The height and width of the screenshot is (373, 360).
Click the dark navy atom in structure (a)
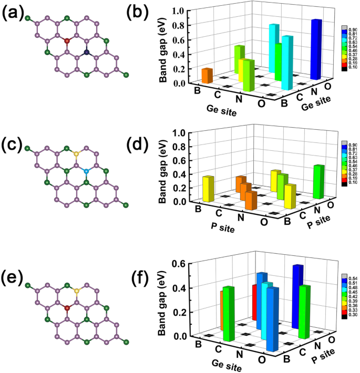(x=86, y=52)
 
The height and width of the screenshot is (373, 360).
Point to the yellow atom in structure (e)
(x=77, y=290)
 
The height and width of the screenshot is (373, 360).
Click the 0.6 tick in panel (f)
(x=177, y=264)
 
